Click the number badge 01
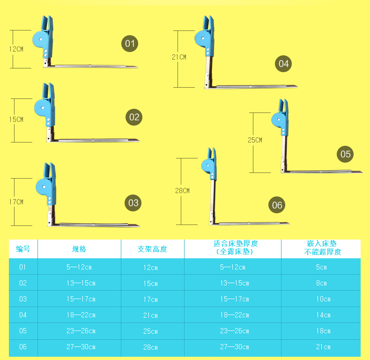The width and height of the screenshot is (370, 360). [130, 44]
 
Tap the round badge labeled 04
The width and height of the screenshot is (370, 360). [283, 64]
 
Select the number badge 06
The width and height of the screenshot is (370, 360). [277, 205]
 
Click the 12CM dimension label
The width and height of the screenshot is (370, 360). [16, 49]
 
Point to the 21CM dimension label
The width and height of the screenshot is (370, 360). [179, 57]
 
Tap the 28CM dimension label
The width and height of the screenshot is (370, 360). [182, 191]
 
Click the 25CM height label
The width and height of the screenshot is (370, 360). [255, 140]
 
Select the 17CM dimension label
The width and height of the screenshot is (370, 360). [16, 202]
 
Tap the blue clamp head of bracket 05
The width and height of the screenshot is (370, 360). [281, 117]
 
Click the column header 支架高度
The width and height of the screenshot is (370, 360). [152, 249]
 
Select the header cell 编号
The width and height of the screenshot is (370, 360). [23, 249]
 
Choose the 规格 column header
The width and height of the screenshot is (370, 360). [79, 249]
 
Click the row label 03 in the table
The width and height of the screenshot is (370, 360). [23, 299]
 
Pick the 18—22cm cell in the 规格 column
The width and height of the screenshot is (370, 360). [81, 315]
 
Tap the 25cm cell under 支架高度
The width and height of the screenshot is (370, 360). [150, 331]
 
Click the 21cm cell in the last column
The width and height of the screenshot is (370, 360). [323, 347]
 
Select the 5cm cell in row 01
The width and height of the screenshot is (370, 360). [321, 267]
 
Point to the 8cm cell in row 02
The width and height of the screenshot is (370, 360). [321, 283]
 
